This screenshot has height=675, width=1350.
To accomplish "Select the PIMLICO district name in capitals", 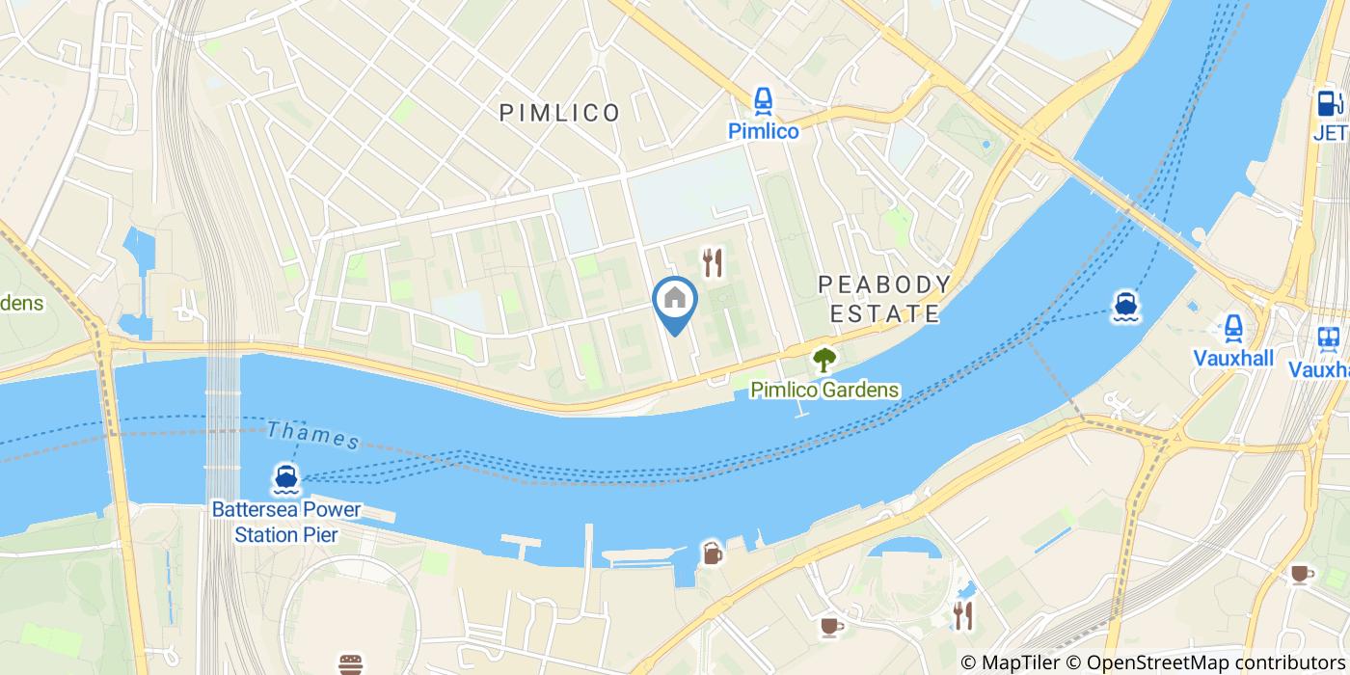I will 559,113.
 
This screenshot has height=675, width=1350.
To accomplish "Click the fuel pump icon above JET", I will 1329,103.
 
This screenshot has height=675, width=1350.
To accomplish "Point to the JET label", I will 1331,131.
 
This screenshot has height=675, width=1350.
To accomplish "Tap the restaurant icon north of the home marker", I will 713,261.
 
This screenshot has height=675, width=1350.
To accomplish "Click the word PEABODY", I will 884,284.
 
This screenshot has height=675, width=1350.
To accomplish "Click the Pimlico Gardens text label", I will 825,391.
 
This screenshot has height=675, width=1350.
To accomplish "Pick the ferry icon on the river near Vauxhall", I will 1125,307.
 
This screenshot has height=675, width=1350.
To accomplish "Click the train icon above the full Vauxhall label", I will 1233,329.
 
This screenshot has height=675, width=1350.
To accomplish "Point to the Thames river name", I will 313,436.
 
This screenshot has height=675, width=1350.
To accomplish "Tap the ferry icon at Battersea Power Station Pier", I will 284,478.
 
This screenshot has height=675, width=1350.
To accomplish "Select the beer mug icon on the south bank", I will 712,553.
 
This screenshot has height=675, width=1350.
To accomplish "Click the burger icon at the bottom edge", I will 351,663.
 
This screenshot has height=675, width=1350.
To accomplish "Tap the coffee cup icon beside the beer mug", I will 829,627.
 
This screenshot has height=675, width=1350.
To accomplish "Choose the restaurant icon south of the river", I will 962,615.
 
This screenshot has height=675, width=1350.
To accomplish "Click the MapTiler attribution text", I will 1012,662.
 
